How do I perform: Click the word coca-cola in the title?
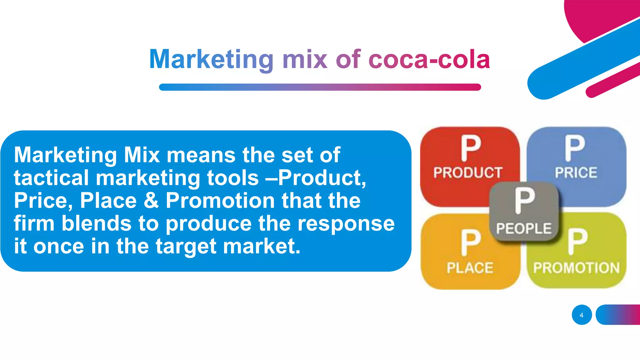click(x=429, y=59)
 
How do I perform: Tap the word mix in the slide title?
click(x=305, y=59)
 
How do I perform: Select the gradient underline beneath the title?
click(x=320, y=87)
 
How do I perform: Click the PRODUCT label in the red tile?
click(x=467, y=173)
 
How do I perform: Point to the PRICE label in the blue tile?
click(x=576, y=173)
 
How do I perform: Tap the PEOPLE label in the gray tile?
click(x=524, y=228)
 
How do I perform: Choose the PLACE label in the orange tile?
click(x=470, y=268)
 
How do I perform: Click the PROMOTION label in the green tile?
click(x=576, y=268)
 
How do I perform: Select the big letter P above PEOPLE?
click(x=525, y=200)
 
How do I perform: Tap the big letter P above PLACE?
click(x=471, y=242)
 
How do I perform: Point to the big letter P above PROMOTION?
click(x=577, y=241)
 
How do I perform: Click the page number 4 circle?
click(x=582, y=315)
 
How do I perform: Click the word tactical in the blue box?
click(x=51, y=178)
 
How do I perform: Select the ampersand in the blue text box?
click(x=151, y=200)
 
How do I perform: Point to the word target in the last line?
click(x=186, y=247)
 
